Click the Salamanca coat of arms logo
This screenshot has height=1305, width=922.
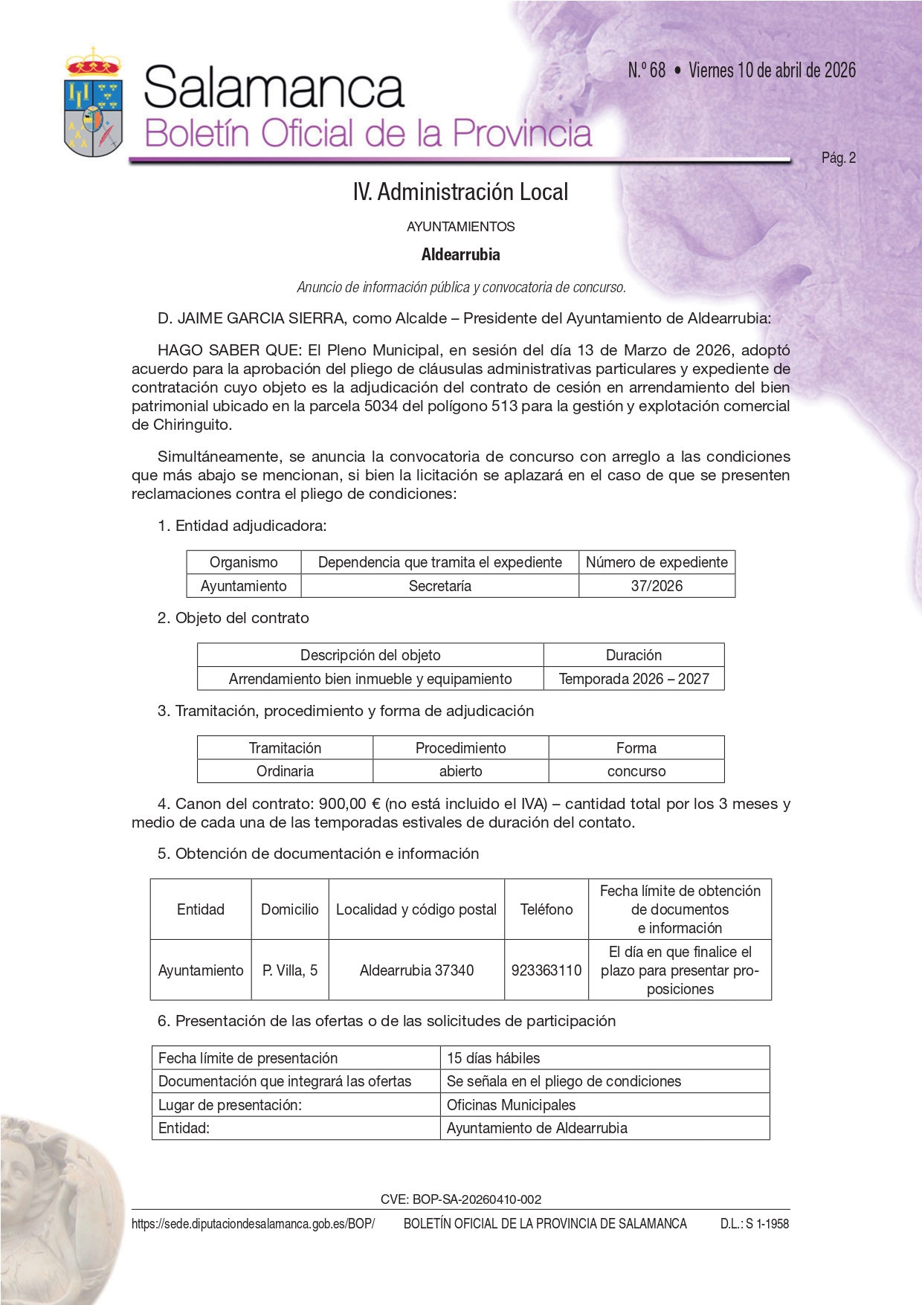(94, 103)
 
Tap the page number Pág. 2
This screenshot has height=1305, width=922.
(838, 158)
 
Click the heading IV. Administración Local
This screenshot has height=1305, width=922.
(460, 193)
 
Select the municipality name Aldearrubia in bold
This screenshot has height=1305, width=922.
(460, 255)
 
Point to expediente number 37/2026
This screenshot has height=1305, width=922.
(657, 586)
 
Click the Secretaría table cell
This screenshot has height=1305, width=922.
(439, 586)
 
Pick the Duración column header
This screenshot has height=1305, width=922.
(634, 655)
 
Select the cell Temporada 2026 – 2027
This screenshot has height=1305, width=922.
(634, 679)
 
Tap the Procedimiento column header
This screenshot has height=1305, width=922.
(460, 748)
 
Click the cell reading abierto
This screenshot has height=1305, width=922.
(460, 771)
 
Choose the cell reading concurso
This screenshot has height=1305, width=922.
(636, 771)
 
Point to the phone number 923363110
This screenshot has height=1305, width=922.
(547, 970)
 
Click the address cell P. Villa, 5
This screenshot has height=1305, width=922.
(290, 970)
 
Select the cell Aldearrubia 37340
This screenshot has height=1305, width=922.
(416, 970)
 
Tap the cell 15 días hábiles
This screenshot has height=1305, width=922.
(493, 1058)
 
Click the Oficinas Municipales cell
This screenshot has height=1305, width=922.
(511, 1105)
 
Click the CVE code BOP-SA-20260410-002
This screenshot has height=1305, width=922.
(461, 1199)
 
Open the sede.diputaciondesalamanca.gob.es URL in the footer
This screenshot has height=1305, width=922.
(253, 1224)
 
